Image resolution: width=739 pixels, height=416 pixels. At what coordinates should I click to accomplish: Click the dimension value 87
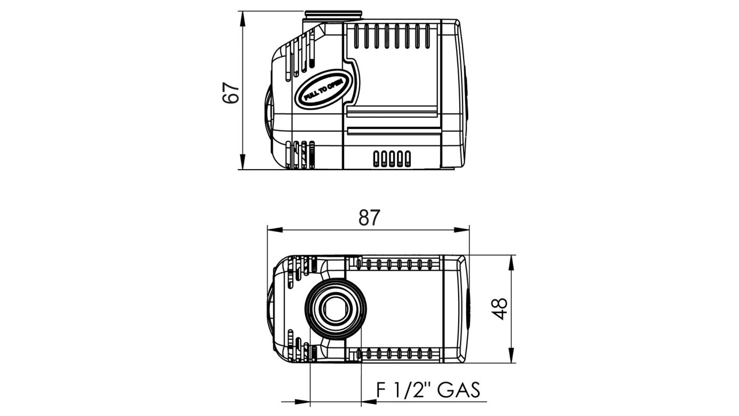pos(369,218)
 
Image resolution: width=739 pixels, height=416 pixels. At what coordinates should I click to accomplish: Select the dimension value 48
pos(499,309)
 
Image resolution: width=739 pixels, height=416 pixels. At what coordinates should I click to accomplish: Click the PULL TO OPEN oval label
pos(322,89)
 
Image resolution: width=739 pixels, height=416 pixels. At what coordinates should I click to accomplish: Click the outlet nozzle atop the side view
pos(333,17)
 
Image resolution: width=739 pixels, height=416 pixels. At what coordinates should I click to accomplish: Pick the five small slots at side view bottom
pos(392,158)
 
